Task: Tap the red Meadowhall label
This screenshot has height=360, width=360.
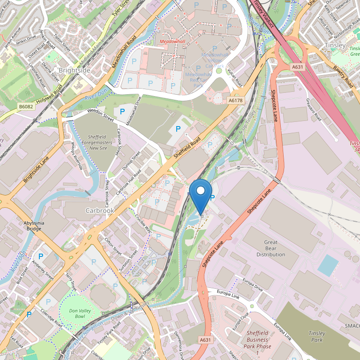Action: (x=172, y=42)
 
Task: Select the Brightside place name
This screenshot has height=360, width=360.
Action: (x=75, y=70)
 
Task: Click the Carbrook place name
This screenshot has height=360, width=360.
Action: (x=100, y=210)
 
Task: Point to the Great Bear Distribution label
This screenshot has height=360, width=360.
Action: (x=270, y=248)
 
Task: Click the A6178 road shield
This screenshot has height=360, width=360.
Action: (x=235, y=100)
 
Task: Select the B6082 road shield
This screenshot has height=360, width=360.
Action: (x=26, y=107)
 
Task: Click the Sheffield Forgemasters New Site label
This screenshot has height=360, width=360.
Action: (x=98, y=142)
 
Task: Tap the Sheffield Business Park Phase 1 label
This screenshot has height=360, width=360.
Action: (x=257, y=342)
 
